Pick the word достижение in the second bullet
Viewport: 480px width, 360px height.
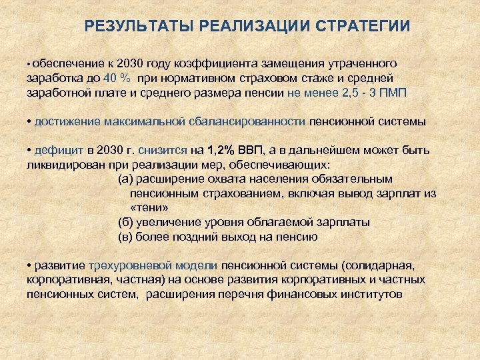coord(66,122)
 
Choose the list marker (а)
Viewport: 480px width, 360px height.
coord(125,179)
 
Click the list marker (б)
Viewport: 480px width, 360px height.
coord(125,222)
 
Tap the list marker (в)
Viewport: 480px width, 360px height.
coord(125,237)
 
